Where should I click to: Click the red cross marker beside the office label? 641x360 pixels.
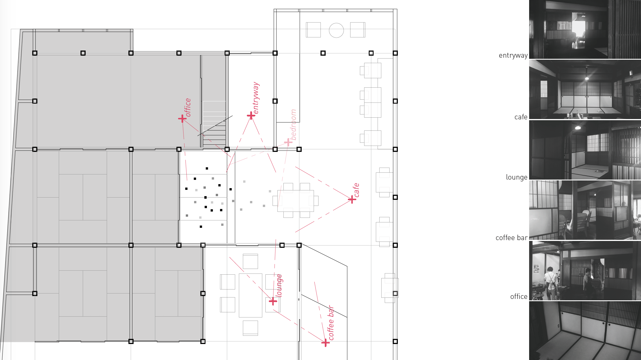pos(182,118)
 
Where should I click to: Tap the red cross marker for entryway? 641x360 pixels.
pos(251,115)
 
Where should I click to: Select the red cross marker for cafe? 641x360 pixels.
pos(352,199)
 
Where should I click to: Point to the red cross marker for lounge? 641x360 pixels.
pos(273,301)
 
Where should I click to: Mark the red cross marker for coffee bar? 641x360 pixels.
pos(325,343)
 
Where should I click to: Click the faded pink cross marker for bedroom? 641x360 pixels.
pos(288,142)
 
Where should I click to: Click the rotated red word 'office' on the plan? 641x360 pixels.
pos(188,107)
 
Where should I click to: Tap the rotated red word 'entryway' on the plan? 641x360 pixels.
pos(256,98)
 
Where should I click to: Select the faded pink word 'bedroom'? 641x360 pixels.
pos(293,124)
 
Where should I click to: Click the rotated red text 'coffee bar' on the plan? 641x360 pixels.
pos(331,323)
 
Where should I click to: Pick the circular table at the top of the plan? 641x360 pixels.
pos(336,30)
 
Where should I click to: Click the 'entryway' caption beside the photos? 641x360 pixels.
pos(513,55)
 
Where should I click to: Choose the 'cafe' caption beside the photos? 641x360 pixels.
pos(521,117)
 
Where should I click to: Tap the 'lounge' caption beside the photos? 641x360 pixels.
pos(517,177)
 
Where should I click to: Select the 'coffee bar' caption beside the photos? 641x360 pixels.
pos(511,238)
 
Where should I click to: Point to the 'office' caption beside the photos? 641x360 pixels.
pos(519,297)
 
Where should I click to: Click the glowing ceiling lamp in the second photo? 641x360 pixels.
pos(587,78)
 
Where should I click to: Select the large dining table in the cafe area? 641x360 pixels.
pos(295,201)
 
